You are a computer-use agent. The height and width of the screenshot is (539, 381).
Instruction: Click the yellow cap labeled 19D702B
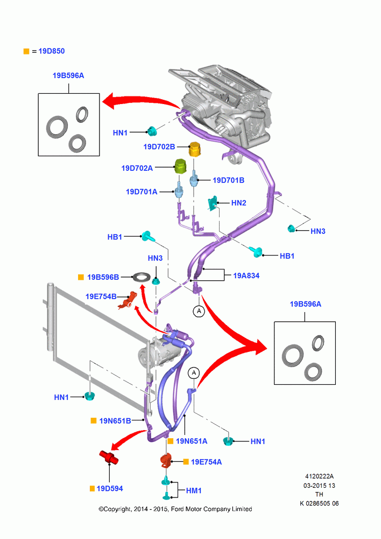195,149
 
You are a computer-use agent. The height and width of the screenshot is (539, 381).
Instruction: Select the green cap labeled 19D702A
180,167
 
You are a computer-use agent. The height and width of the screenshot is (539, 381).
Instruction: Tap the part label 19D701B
228,180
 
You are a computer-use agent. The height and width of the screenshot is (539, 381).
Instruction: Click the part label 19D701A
142,191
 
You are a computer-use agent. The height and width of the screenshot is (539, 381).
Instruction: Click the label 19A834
246,275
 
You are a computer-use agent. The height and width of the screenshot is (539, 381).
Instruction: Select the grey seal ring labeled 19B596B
142,277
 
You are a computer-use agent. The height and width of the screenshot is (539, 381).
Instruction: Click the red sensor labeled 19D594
109,457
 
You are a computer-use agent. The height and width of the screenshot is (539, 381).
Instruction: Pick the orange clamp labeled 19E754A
166,461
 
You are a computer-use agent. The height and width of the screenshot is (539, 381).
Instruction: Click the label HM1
194,490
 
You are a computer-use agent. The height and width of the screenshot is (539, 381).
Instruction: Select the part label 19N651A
192,441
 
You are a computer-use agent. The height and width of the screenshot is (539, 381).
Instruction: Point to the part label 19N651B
115,421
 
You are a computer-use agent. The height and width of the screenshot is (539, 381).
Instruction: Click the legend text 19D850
52,51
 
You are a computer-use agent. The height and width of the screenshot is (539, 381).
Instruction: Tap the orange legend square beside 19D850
26,51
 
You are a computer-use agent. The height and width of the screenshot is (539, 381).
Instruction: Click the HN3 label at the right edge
318,231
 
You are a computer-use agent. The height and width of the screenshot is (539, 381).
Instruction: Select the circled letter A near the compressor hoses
194,372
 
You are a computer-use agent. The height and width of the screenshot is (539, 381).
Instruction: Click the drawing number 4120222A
319,476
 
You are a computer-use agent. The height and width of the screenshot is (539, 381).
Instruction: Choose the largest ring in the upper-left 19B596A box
57,127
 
